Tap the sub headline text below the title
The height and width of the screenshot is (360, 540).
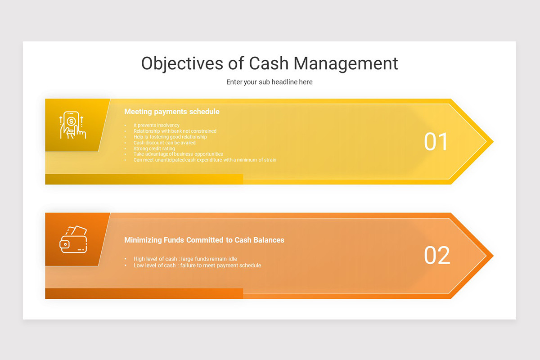pos(270,82)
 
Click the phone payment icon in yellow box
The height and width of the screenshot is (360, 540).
pos(73,125)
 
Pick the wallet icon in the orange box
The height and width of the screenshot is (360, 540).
pos(73,239)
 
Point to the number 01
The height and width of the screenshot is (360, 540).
pos(436,142)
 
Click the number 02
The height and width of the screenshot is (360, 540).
pos(437,256)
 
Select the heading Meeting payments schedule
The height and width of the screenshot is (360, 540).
pos(172,112)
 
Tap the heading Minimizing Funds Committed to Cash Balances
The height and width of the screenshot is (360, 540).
pos(204,240)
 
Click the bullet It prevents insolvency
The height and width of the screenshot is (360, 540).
pos(156,125)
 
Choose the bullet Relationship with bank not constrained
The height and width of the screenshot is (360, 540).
pos(175,131)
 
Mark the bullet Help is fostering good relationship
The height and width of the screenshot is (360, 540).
pos(170,137)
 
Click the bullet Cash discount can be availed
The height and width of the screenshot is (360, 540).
pos(164,143)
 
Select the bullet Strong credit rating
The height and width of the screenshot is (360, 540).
pos(154,148)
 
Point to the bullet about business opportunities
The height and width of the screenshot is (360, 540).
pos(178,154)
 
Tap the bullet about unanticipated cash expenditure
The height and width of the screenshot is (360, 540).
pos(205,160)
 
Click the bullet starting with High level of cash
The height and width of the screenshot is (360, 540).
pos(185,259)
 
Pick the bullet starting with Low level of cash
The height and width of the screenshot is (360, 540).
pos(197,265)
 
